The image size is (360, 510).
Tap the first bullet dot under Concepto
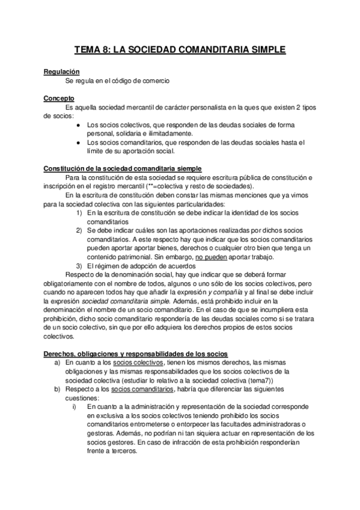click(80, 124)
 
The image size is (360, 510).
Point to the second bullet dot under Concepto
click(80, 143)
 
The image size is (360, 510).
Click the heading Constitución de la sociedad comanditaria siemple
click(123, 168)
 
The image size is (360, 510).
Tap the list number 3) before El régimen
click(80, 265)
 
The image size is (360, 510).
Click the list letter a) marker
click(58, 363)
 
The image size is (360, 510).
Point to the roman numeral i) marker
click(74, 407)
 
